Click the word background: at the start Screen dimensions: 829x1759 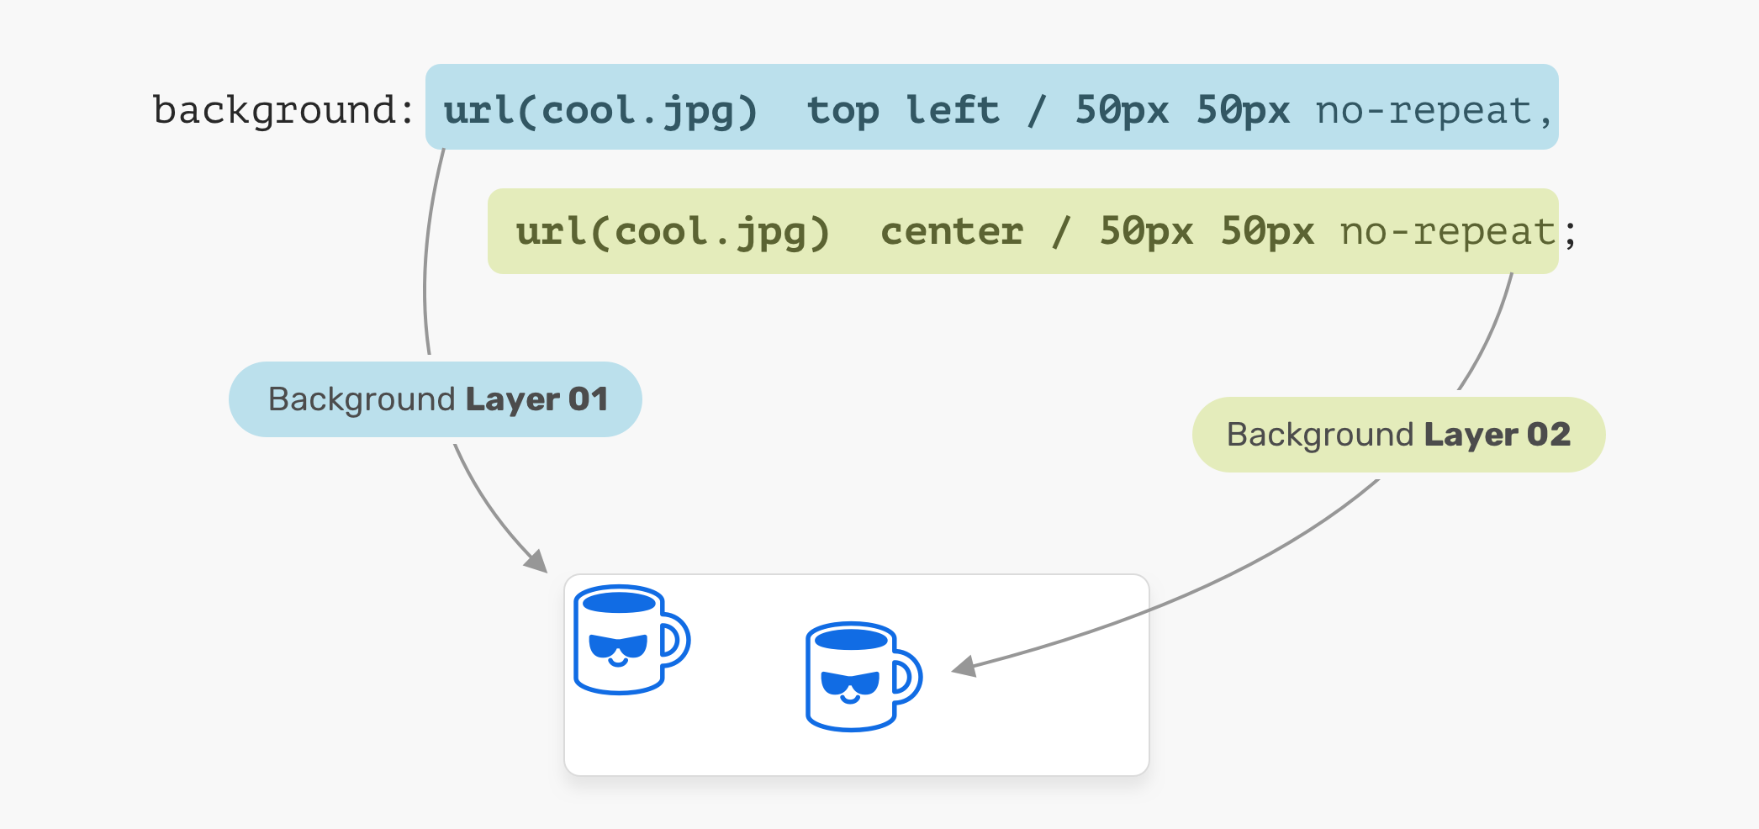pyautogui.click(x=283, y=111)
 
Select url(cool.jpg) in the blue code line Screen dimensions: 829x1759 pyautogui.click(x=600, y=111)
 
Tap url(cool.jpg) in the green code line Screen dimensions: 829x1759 pyautogui.click(x=673, y=232)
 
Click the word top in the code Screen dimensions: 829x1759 pyautogui.click(x=843, y=111)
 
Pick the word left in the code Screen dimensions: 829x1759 pyautogui.click(x=952, y=111)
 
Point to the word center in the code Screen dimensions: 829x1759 pyautogui.click(x=952, y=232)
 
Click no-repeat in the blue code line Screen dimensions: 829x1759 pyautogui.click(x=1424, y=111)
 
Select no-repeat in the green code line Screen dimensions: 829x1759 pyautogui.click(x=1448, y=232)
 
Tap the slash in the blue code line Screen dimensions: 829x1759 pyautogui.click(x=1038, y=111)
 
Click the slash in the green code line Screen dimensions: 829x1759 pyautogui.click(x=1062, y=232)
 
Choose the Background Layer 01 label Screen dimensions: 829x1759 pyautogui.click(x=436, y=399)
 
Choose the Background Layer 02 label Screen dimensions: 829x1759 pyautogui.click(x=1398, y=435)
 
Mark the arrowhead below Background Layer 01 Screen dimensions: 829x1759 pyautogui.click(x=536, y=561)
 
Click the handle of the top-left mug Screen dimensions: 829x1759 pyautogui.click(x=677, y=641)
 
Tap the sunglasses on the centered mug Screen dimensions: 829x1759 pyautogui.click(x=850, y=683)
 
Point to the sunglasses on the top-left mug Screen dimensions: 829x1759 pyautogui.click(x=618, y=646)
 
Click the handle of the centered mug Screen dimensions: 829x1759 pyautogui.click(x=909, y=677)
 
